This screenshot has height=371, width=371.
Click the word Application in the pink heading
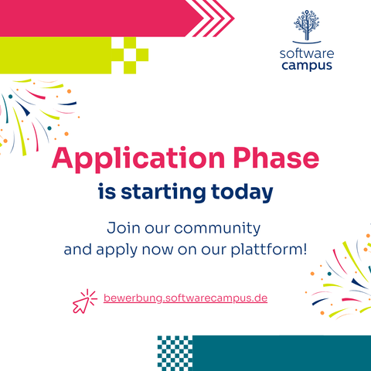[138, 159]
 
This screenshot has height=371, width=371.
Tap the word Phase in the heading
[277, 158]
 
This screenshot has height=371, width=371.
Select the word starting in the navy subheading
[163, 192]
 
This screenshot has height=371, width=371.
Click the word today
[242, 192]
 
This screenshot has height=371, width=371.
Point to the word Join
[124, 228]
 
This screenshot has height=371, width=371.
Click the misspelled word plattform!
[269, 250]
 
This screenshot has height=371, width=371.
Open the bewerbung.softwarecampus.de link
[185, 298]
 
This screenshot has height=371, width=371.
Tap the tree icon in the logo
[307, 25]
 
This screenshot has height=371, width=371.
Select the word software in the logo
[307, 53]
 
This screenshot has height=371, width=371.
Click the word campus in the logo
[307, 66]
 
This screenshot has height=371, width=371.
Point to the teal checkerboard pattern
[175, 353]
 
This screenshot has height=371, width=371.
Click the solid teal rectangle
[282, 353]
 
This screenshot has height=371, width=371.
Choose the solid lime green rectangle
[56, 56]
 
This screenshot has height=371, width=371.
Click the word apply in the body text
[117, 250]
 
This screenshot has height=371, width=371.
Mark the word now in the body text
[158, 250]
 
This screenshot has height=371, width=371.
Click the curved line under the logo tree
[307, 43]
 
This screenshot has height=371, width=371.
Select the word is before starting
[107, 192]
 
